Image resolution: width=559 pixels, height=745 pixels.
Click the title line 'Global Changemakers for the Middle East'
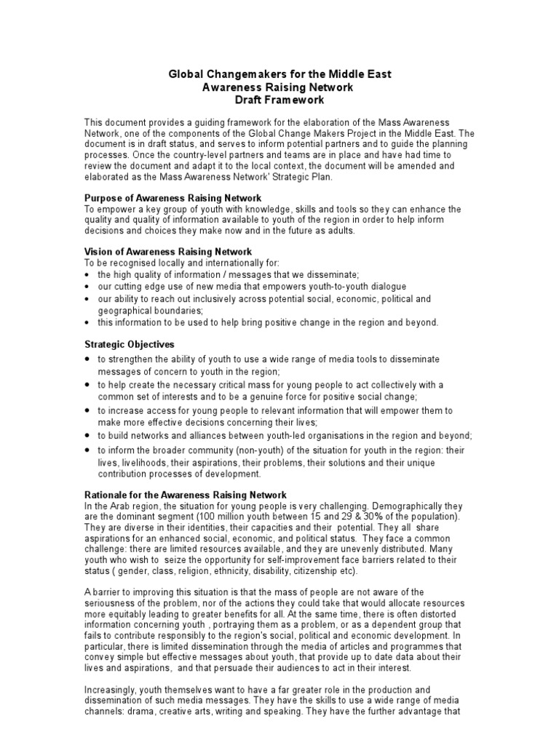pyautogui.click(x=280, y=75)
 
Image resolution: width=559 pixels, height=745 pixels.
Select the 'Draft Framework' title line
pyautogui.click(x=280, y=100)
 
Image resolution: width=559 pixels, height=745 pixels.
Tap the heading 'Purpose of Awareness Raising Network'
pyautogui.click(x=173, y=199)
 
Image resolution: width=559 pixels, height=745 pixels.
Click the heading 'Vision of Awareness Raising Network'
pyautogui.click(x=169, y=252)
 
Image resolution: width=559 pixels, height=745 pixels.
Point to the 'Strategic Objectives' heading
pyautogui.click(x=130, y=344)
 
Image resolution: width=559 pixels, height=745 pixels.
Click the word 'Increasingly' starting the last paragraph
pyautogui.click(x=113, y=689)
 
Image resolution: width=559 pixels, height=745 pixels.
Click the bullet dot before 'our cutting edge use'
pyautogui.click(x=88, y=287)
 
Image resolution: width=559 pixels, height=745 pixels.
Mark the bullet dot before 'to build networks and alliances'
pyautogui.click(x=88, y=436)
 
